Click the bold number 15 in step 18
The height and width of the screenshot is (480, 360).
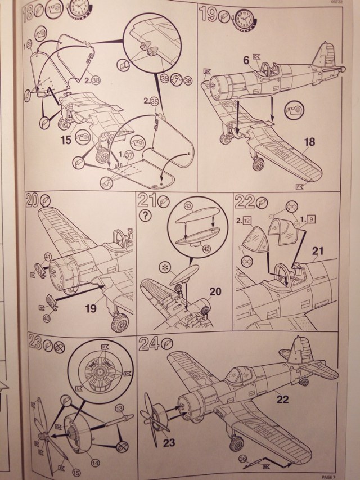click(67, 138)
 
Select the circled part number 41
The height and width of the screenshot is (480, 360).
click(48, 257)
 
